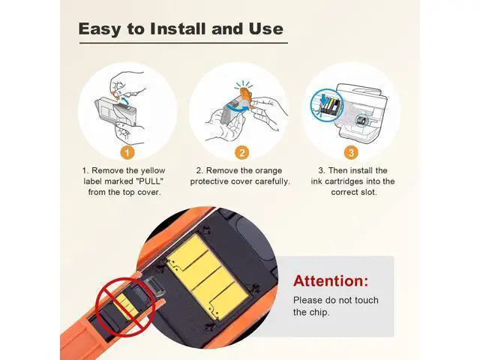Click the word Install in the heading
[178, 28]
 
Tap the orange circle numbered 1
[127, 152]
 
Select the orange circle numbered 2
[241, 152]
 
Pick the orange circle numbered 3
[351, 152]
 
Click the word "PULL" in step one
[150, 181]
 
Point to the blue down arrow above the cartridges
[323, 99]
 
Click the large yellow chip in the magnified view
[207, 277]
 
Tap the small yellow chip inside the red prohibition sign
[126, 305]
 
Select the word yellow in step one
[153, 171]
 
